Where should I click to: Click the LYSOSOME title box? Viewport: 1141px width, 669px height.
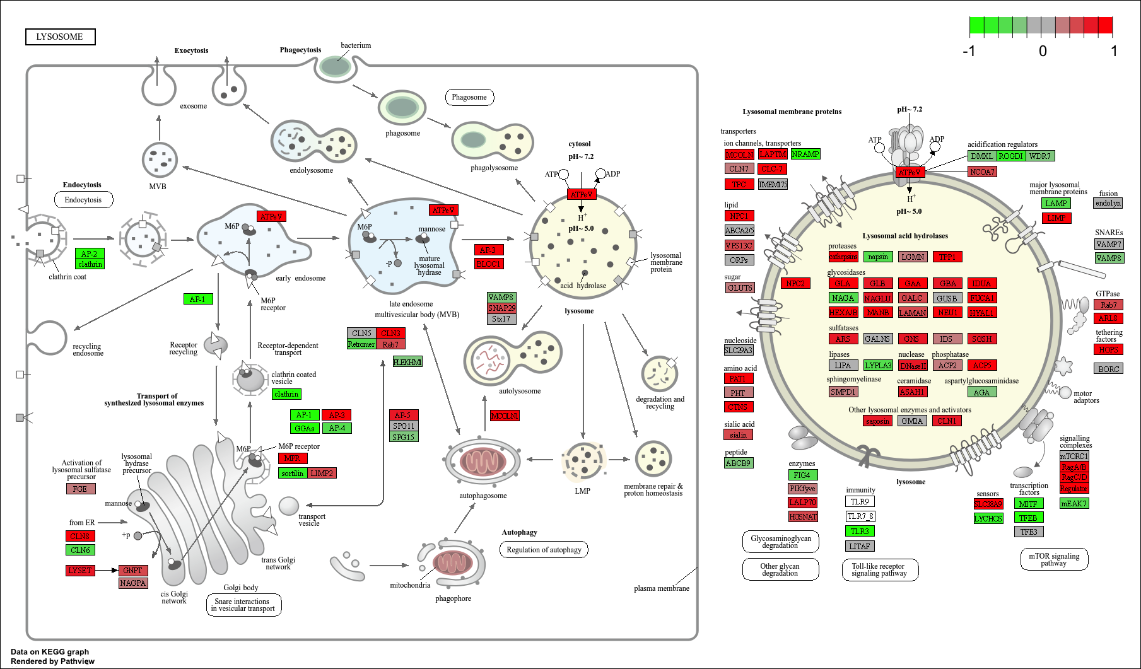[60, 37]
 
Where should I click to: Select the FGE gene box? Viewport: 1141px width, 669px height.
[81, 489]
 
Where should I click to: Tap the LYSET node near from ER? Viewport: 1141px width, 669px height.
[80, 571]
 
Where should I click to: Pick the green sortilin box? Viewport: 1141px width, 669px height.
[293, 473]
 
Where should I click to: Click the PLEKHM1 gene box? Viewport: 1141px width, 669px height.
[407, 362]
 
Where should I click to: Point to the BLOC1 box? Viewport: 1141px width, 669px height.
[488, 264]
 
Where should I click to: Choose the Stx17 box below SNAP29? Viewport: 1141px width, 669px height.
[501, 319]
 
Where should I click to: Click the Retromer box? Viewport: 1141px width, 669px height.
[361, 344]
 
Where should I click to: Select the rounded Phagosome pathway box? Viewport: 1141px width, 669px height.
[469, 97]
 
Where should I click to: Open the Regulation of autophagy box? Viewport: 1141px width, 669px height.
[544, 550]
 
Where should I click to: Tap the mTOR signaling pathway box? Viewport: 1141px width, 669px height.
[1054, 559]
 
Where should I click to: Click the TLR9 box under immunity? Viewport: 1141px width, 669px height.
[860, 502]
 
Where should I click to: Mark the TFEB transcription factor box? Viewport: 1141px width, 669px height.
[1028, 518]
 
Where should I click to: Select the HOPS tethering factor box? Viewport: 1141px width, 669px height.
[1108, 349]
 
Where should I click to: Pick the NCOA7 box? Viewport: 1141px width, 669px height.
[982, 172]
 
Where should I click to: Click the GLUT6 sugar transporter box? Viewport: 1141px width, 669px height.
[740, 288]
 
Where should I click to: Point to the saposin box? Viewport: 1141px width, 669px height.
[877, 421]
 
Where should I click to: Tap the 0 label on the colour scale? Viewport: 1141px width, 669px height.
[1043, 51]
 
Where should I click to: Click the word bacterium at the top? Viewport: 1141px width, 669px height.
[356, 45]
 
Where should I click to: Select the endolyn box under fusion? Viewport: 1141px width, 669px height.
[1108, 203]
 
